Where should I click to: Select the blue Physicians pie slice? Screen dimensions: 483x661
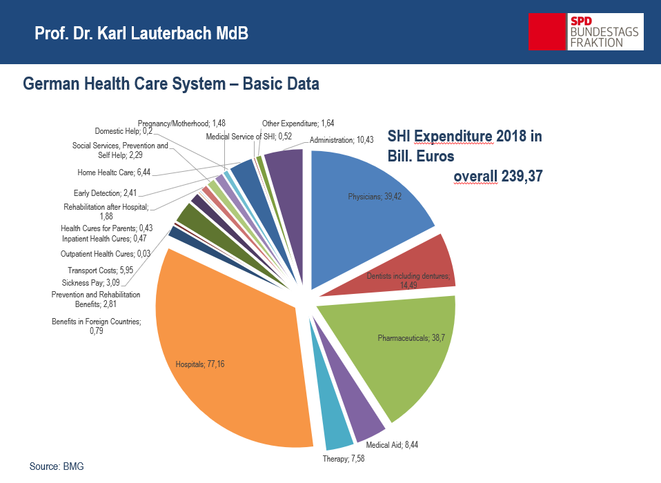pyautogui.click(x=366, y=200)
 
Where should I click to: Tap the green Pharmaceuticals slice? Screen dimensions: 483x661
pyautogui.click(x=407, y=345)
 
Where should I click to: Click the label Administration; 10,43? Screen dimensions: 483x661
pyautogui.click(x=342, y=140)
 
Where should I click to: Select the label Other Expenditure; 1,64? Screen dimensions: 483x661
pyautogui.click(x=297, y=123)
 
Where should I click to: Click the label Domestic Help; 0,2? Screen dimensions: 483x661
pyautogui.click(x=124, y=130)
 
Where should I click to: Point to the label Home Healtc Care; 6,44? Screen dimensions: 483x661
pyautogui.click(x=113, y=173)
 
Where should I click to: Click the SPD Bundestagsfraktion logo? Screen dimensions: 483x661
pyautogui.click(x=585, y=31)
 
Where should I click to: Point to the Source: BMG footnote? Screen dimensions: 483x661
pyautogui.click(x=57, y=466)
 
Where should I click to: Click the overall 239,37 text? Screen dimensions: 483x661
pyautogui.click(x=497, y=177)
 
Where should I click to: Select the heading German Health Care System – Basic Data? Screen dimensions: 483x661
pyautogui.click(x=171, y=84)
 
